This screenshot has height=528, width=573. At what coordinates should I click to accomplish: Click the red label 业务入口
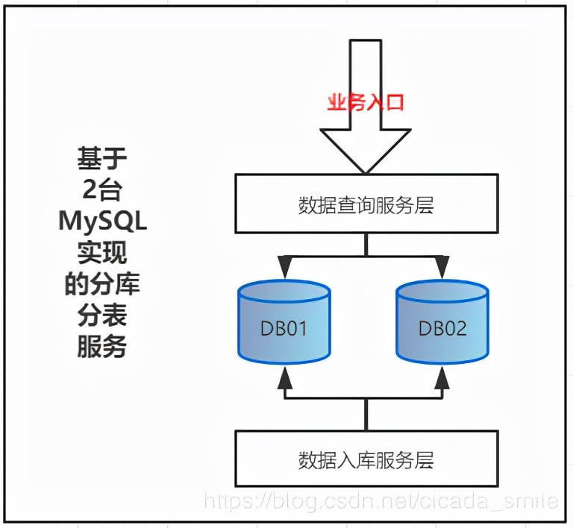(366, 101)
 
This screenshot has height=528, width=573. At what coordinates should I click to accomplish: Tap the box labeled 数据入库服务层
(366, 459)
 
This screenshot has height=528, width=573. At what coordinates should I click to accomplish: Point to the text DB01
(284, 329)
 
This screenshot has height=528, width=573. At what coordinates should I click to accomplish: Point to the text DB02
(443, 329)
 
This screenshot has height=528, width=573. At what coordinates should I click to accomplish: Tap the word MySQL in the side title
(102, 221)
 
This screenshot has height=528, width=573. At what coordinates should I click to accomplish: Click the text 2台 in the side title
(102, 189)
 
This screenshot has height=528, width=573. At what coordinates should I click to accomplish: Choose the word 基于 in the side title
(102, 158)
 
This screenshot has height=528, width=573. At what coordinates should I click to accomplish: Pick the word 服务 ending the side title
(102, 347)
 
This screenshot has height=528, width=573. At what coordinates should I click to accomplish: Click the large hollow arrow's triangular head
(366, 149)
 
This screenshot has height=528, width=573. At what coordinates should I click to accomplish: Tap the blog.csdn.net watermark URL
(381, 500)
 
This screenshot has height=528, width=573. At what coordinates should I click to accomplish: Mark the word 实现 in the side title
(102, 252)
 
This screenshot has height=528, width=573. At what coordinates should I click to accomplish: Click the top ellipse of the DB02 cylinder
(443, 292)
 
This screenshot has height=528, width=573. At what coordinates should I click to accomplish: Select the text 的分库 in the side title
(102, 284)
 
